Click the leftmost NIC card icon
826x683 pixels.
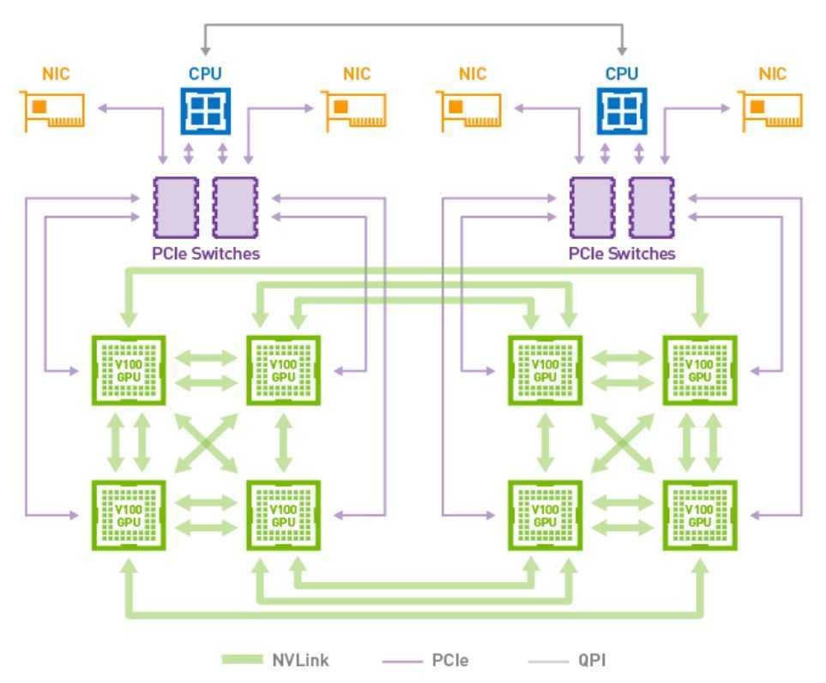(x=54, y=111)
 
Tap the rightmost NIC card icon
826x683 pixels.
(x=773, y=111)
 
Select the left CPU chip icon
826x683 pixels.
(x=205, y=111)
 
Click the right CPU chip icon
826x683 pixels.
(x=622, y=111)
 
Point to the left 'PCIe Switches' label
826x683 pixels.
(x=205, y=254)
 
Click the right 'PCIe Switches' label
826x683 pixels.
(x=622, y=254)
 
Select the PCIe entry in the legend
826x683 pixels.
(x=429, y=660)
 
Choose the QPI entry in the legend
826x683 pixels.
(x=567, y=660)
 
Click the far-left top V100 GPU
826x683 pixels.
(x=129, y=371)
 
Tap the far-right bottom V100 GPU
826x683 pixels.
(x=700, y=516)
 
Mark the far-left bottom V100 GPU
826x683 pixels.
(x=129, y=516)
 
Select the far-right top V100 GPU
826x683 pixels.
(x=700, y=371)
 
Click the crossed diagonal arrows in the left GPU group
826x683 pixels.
(x=206, y=443)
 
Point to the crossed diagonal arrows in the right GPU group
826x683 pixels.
(x=623, y=443)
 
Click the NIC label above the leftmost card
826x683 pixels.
(x=54, y=74)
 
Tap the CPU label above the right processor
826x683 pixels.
(x=622, y=74)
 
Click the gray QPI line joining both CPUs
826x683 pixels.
(x=413, y=27)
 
